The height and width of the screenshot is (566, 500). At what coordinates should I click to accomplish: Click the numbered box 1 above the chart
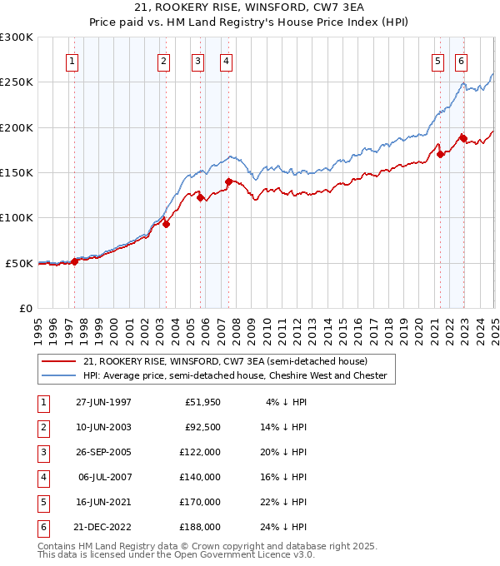coord(72,61)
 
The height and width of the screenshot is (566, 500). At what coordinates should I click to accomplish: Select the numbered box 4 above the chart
coord(226,61)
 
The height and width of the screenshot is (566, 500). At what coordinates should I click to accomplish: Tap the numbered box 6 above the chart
coord(461,61)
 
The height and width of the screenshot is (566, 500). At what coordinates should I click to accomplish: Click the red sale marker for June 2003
coord(167,224)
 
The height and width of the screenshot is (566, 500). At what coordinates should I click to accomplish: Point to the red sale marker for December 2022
coord(463,138)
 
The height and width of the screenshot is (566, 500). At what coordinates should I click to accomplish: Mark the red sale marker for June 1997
coord(75,261)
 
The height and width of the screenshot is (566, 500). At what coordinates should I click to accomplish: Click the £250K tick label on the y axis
coord(16,82)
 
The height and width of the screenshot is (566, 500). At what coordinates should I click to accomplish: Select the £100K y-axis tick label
coord(16,218)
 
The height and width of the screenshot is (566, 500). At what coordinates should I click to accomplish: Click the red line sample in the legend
coord(57,361)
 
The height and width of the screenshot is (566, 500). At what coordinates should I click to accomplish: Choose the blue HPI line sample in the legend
coord(57,375)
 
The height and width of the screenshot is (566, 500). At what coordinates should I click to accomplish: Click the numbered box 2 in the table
coord(42,427)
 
